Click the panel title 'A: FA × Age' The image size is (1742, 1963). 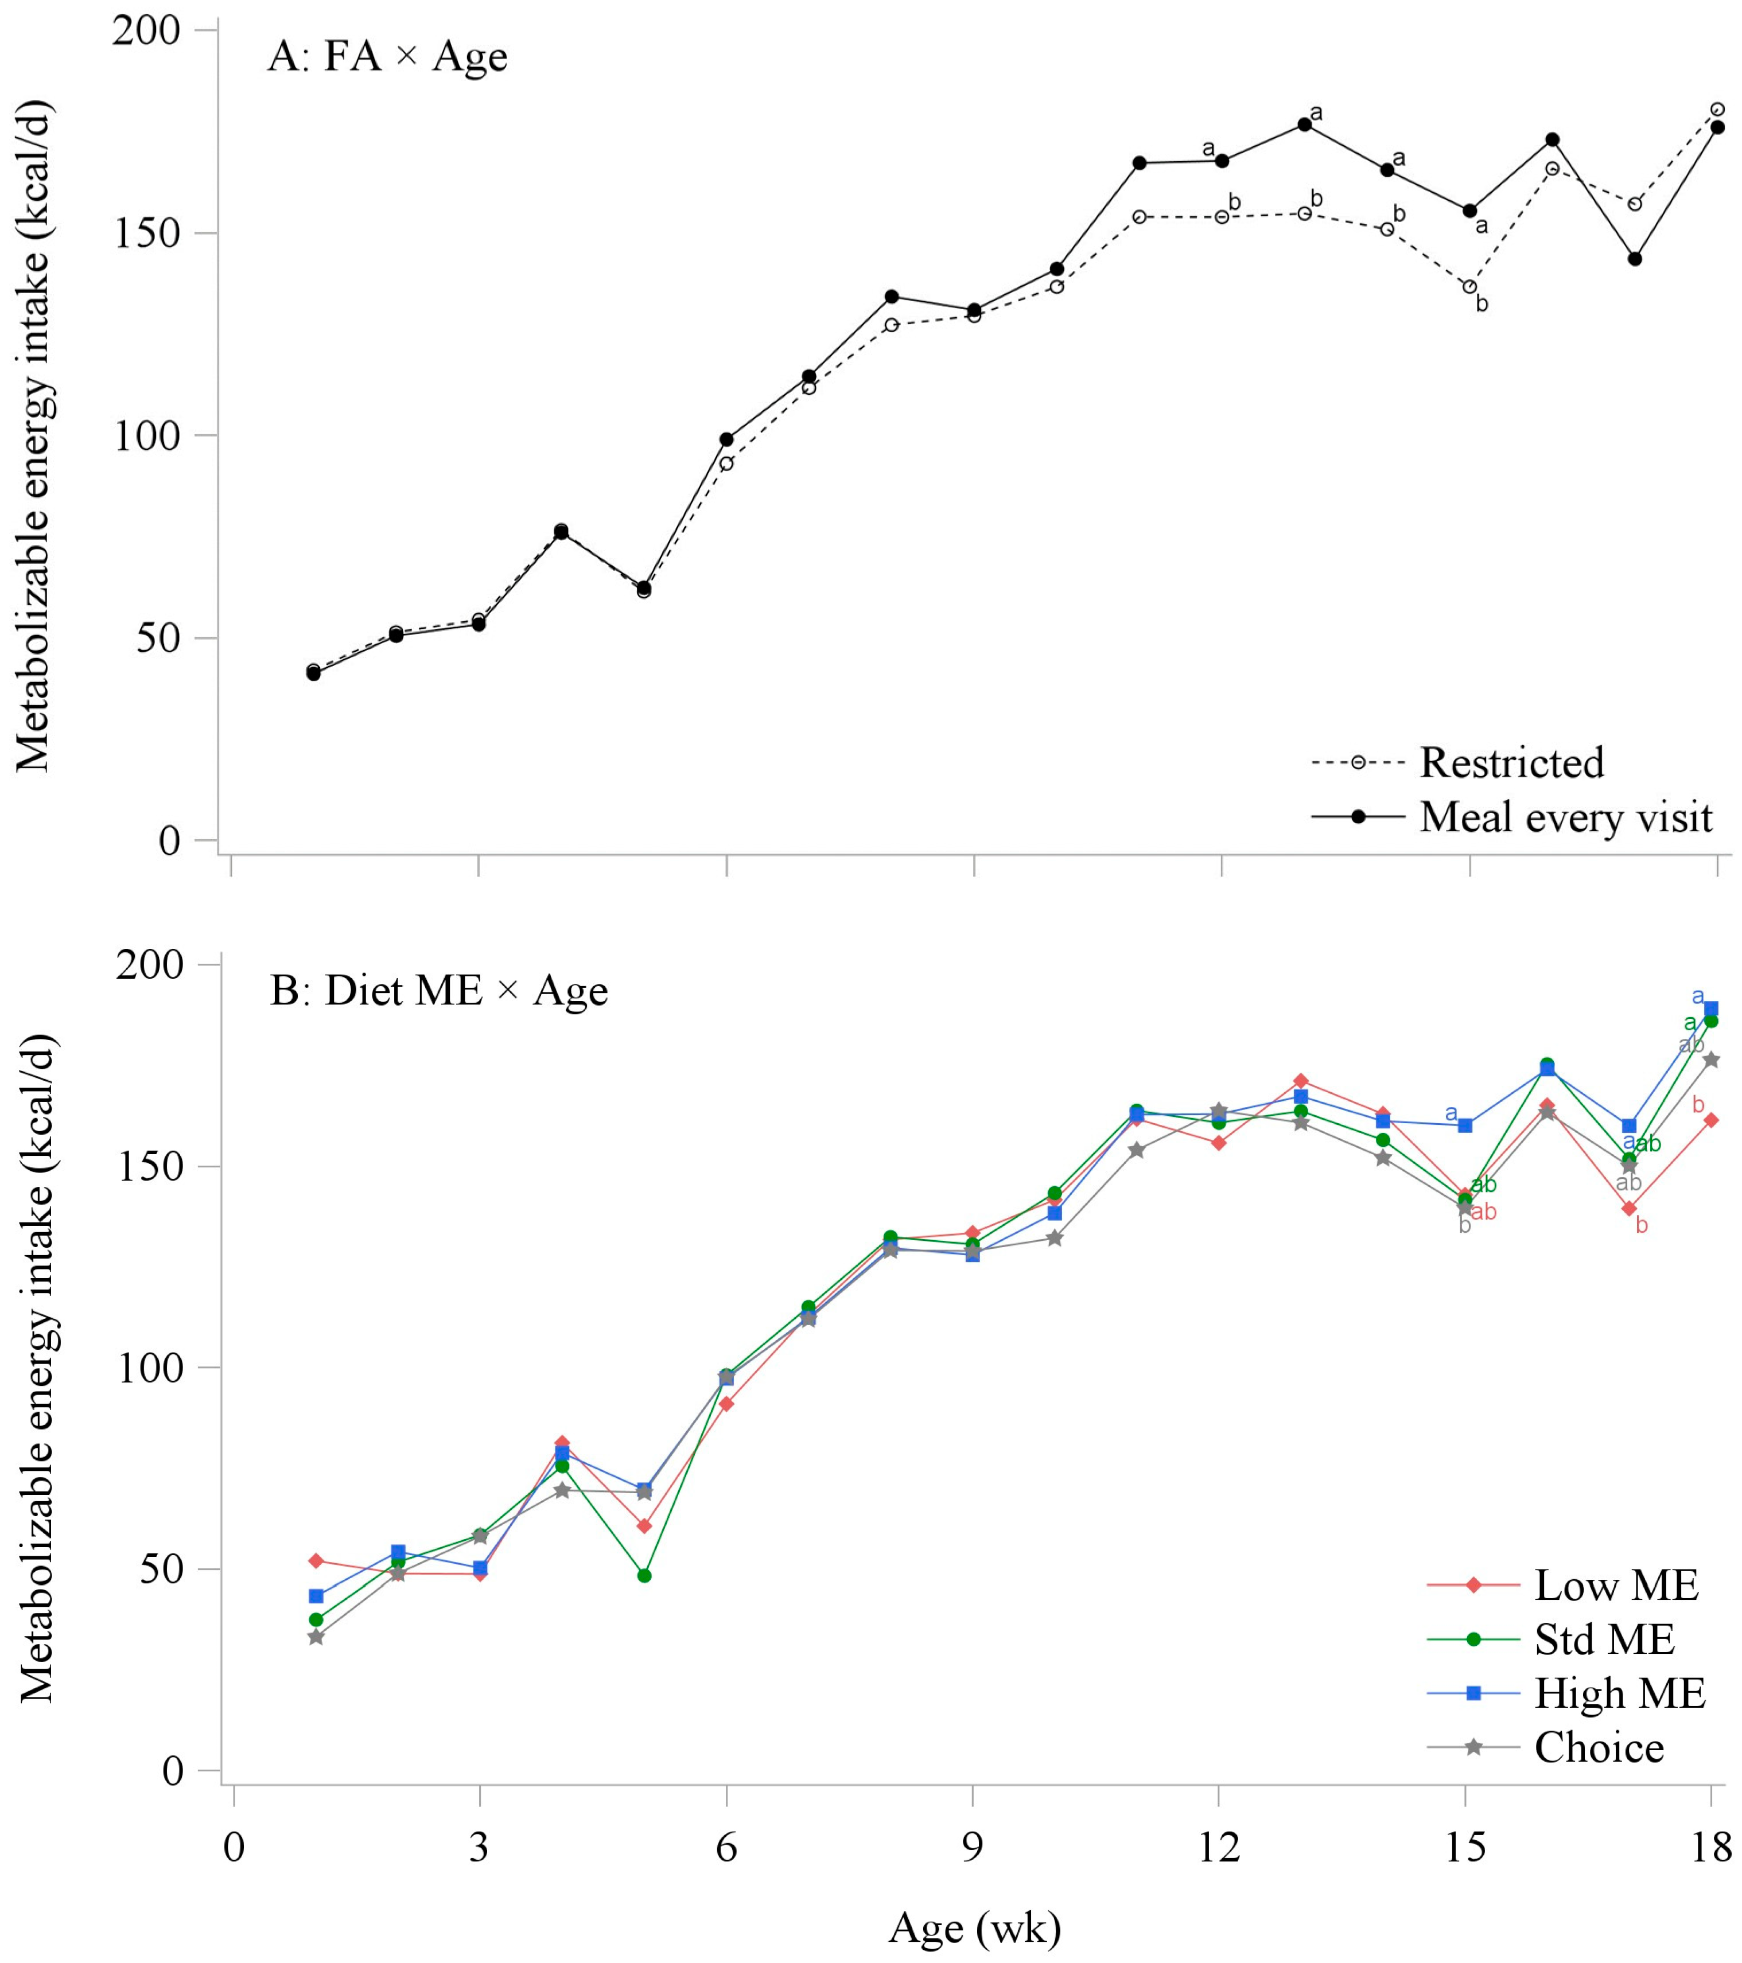(387, 57)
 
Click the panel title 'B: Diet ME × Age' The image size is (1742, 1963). (438, 990)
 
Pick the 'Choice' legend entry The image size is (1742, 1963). (1599, 1747)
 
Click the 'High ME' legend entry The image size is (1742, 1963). (1620, 1693)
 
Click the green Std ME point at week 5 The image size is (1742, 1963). (644, 1576)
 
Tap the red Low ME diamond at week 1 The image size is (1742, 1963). (316, 1561)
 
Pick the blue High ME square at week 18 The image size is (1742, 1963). (1710, 1008)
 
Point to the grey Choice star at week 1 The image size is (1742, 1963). (316, 1637)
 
